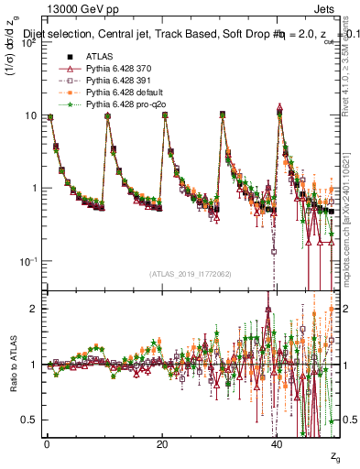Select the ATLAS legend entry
coord(99,58)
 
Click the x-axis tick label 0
coord(47,443)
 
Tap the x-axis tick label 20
coord(162,443)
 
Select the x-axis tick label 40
coord(277,443)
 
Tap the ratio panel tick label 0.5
coord(31,420)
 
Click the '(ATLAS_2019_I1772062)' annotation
coord(191,273)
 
